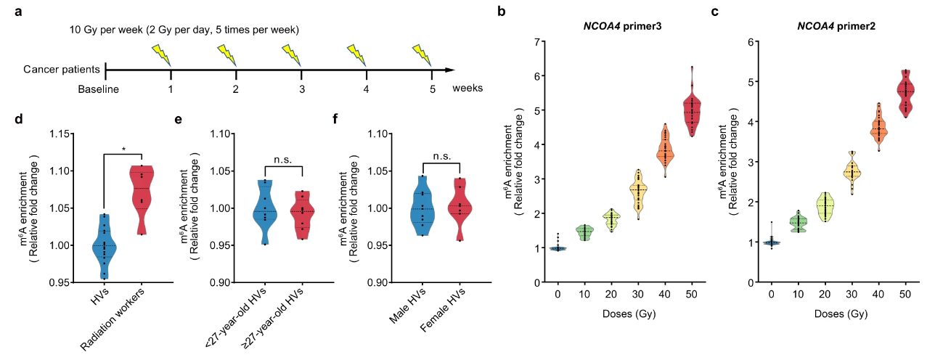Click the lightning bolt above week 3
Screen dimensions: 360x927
click(293, 54)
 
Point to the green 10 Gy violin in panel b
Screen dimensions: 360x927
click(584, 232)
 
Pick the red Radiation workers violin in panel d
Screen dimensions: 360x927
click(142, 197)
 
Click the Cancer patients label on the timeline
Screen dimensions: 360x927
click(62, 70)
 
